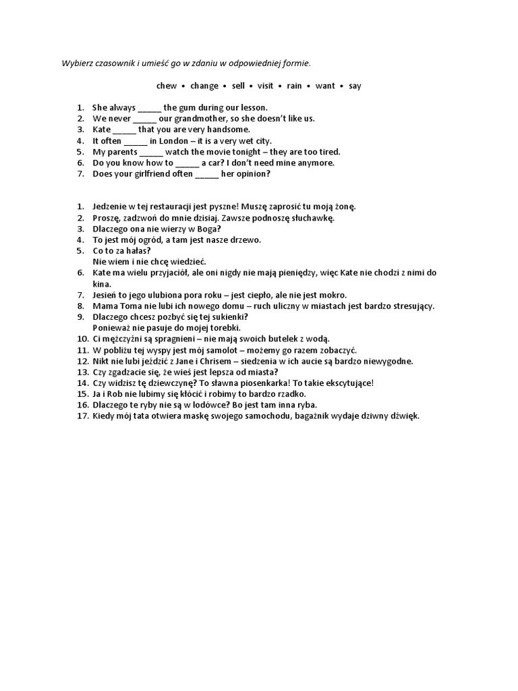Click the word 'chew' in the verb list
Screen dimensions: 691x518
coord(167,86)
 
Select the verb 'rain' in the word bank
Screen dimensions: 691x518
coord(294,86)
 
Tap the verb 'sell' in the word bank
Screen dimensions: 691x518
coord(238,86)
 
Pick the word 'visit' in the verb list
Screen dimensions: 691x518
coord(265,86)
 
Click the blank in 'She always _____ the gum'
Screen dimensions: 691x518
coord(149,107)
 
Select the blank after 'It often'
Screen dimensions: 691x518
coord(135,140)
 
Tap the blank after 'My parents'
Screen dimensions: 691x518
coord(150,152)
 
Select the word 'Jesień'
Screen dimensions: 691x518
coord(105,295)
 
